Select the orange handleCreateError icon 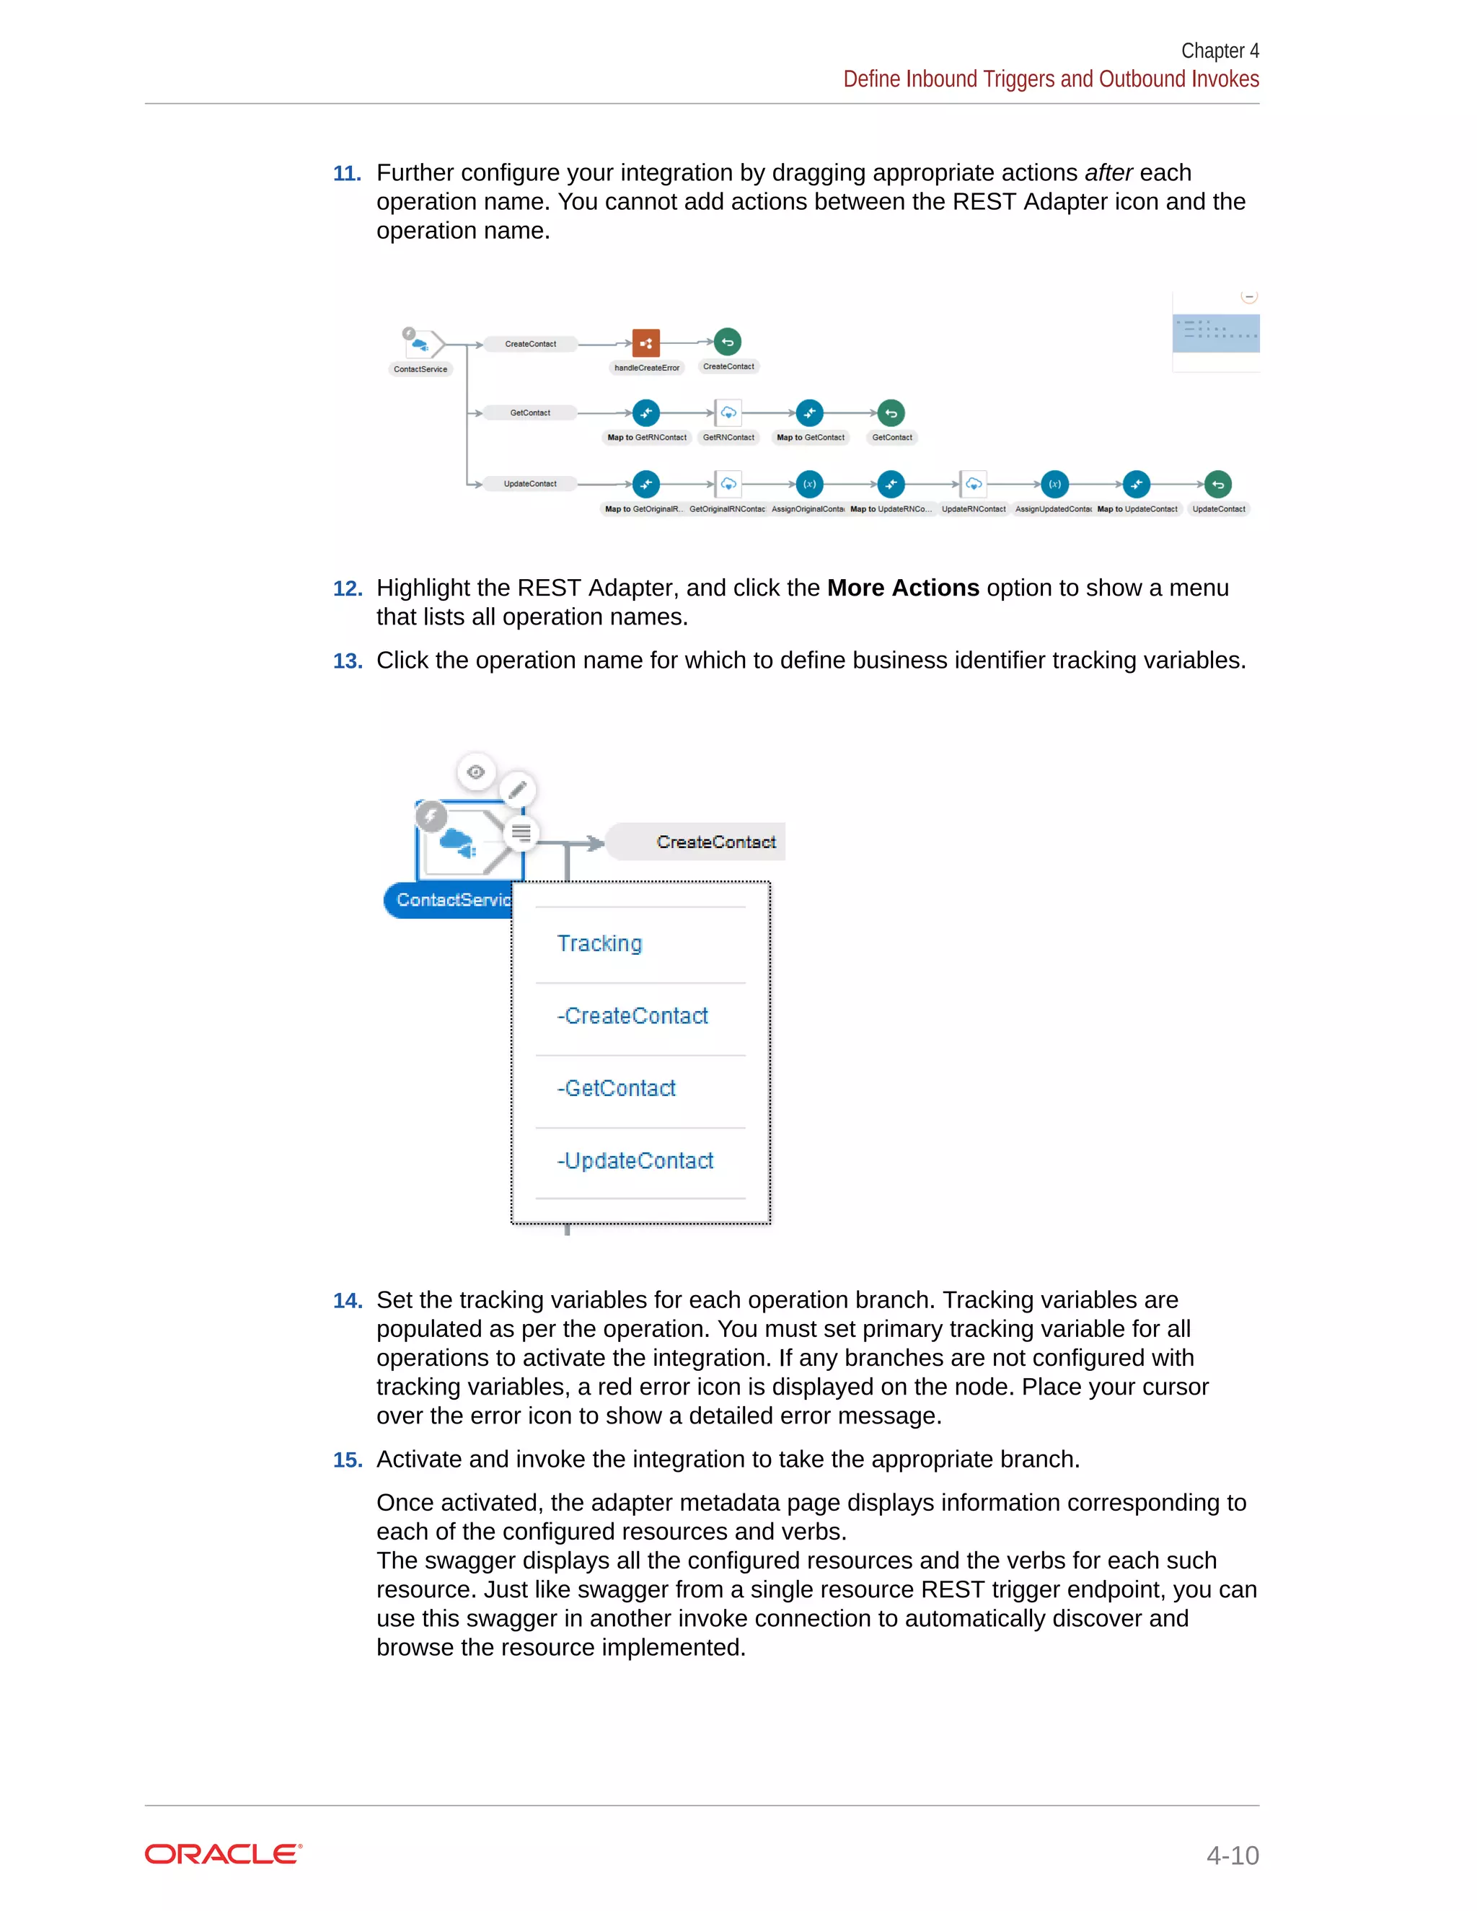coord(645,343)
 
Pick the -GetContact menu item coord(617,1088)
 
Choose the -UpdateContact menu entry coord(635,1161)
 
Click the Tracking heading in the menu coord(599,943)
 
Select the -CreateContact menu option coord(632,1016)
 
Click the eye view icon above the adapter coord(476,772)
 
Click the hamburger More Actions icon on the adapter coord(521,833)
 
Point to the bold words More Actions coord(902,588)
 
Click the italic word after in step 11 coord(1108,173)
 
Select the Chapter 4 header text coord(1219,50)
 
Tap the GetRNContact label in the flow coord(728,438)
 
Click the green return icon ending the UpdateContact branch coord(1217,484)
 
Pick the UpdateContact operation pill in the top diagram coord(530,484)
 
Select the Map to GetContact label coord(810,438)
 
